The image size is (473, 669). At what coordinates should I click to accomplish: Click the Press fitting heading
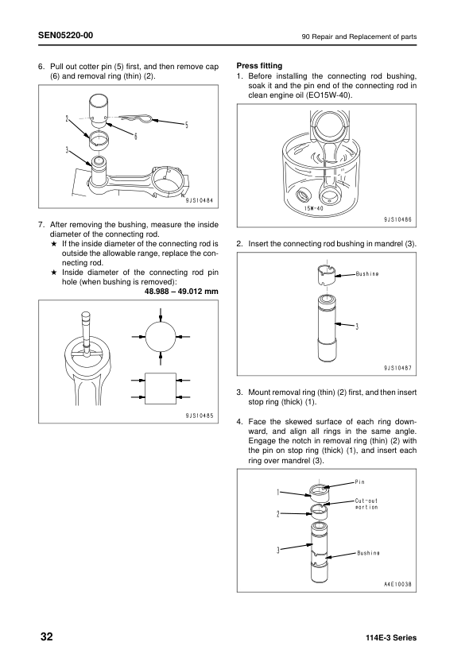[x=260, y=65]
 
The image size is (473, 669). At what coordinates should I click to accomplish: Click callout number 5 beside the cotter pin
[x=186, y=125]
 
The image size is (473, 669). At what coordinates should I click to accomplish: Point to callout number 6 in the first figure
[x=136, y=136]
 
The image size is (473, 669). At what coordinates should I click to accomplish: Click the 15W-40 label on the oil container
[x=312, y=209]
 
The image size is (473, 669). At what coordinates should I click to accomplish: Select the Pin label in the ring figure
[x=360, y=482]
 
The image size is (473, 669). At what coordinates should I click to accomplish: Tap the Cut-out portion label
[x=366, y=504]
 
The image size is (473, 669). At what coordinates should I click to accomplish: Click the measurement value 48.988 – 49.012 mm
[x=181, y=291]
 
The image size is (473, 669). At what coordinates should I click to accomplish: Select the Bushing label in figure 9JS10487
[x=366, y=274]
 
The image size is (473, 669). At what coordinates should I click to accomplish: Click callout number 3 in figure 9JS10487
[x=357, y=326]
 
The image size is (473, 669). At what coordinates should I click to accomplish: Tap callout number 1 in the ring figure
[x=278, y=493]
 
